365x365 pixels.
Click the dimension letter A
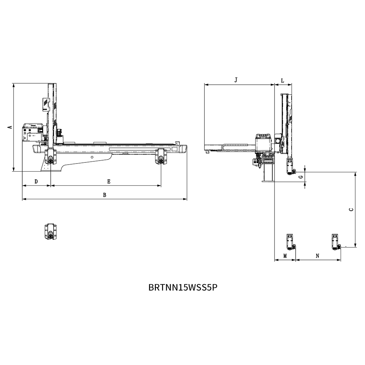[9, 127]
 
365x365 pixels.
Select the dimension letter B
[104, 195]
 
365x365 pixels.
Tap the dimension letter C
[351, 210]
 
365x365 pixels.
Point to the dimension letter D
[36, 181]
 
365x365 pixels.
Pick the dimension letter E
[109, 181]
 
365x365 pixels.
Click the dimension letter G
[301, 177]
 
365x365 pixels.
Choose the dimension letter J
[236, 80]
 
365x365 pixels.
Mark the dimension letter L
[283, 81]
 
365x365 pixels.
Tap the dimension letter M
[285, 256]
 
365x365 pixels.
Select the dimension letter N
[318, 256]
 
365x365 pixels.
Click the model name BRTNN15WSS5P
[183, 288]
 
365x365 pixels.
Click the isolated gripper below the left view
[51, 231]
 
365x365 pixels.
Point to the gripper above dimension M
[290, 242]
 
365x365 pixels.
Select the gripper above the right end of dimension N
[336, 242]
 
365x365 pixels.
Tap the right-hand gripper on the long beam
[161, 156]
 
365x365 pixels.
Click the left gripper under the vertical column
[51, 157]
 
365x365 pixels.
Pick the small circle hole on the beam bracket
[92, 157]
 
